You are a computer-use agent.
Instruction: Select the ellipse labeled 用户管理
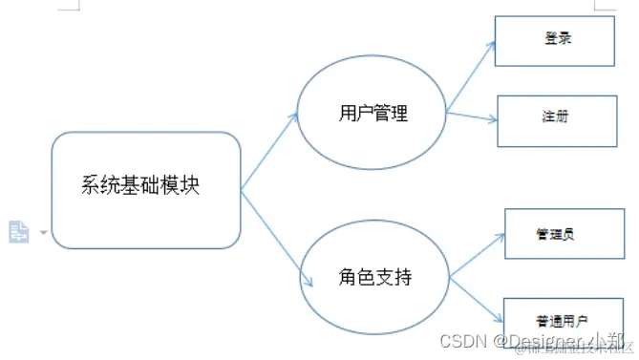(373, 114)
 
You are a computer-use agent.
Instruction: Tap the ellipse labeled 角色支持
(374, 277)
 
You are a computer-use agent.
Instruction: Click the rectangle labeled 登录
(554, 41)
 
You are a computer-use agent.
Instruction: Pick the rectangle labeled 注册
(555, 120)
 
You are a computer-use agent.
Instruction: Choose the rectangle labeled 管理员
(556, 233)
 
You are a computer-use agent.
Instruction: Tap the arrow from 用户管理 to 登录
(470, 74)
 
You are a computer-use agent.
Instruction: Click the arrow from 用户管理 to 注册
(472, 116)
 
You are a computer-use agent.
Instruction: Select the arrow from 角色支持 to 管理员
(478, 255)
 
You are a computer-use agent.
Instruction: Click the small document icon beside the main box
(18, 231)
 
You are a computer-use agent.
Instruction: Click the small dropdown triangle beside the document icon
(43, 232)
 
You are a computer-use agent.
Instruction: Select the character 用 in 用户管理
(348, 114)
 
